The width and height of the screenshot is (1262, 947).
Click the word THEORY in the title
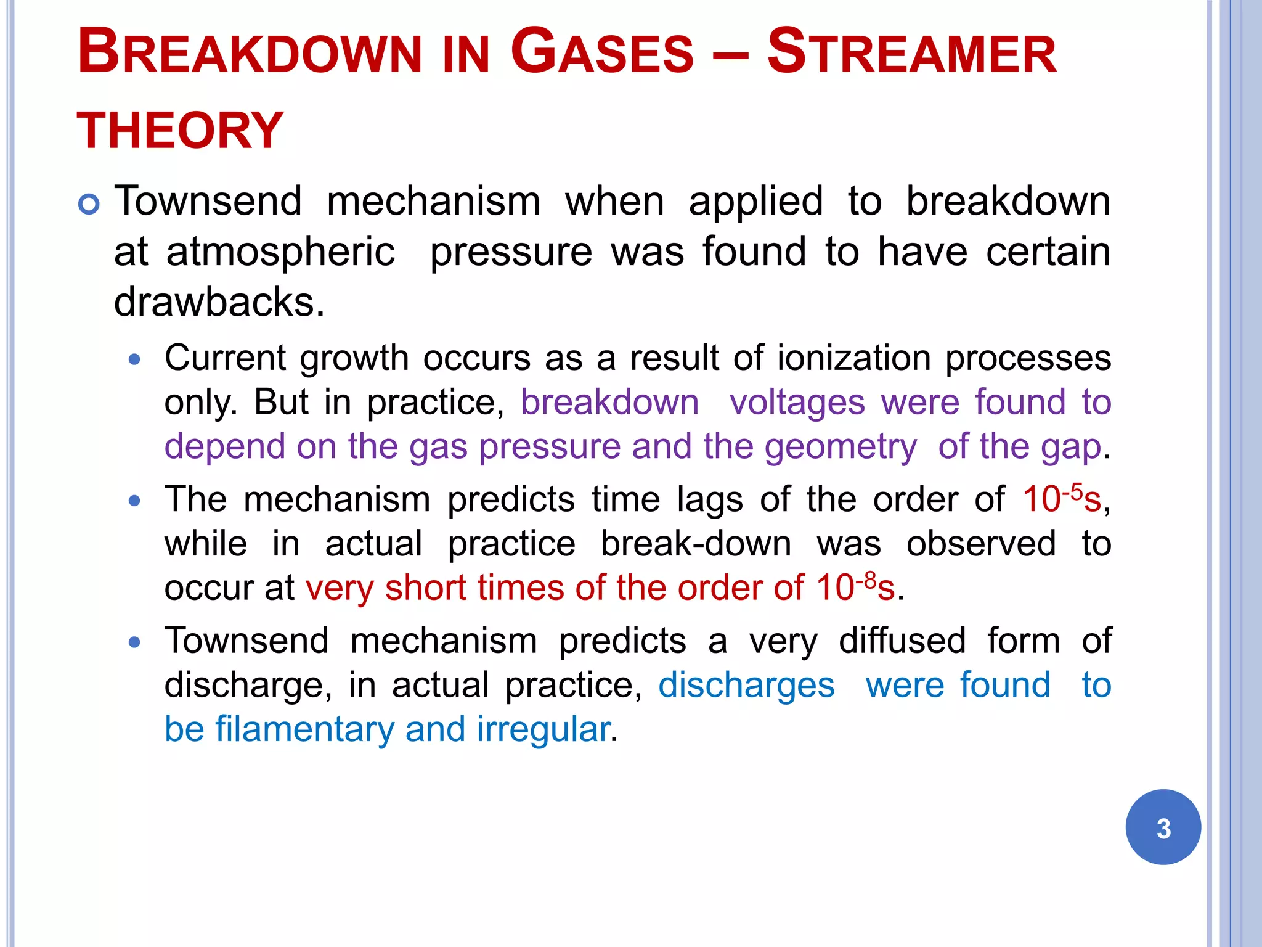(x=179, y=131)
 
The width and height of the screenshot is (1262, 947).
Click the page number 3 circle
(x=1163, y=827)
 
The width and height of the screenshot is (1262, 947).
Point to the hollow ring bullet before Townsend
(x=89, y=204)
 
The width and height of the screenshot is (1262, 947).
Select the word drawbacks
(x=219, y=302)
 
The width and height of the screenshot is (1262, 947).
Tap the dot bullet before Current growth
(x=135, y=359)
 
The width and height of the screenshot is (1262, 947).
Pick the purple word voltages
(x=797, y=403)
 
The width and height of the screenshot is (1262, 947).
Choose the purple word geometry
(x=841, y=447)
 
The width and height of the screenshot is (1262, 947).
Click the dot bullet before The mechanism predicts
(x=135, y=501)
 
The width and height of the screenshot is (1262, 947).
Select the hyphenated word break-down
(x=696, y=544)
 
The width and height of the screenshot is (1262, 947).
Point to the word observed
(x=980, y=544)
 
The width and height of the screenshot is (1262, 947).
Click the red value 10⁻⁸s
(x=855, y=587)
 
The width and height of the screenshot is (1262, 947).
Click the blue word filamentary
(x=304, y=729)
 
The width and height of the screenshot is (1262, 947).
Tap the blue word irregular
(x=543, y=729)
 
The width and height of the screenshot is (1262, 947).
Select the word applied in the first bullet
(x=755, y=202)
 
